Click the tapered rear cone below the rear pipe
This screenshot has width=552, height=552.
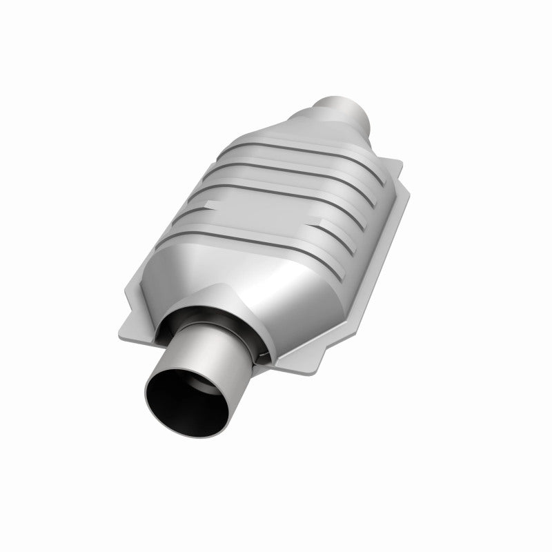[304, 135]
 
